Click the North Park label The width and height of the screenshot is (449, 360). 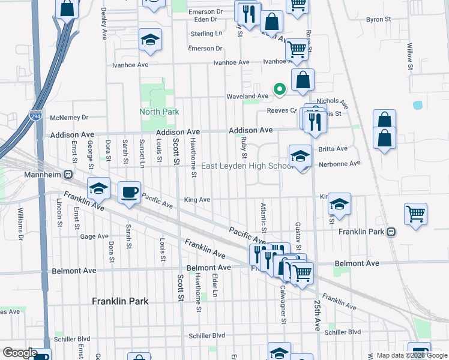(159, 112)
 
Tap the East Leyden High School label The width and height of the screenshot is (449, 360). (247, 166)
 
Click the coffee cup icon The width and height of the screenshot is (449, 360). (129, 193)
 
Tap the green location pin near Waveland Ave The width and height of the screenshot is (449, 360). (279, 89)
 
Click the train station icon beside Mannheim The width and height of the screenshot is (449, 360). (68, 175)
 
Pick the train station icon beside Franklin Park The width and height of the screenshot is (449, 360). (391, 232)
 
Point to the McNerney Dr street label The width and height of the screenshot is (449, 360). (70, 118)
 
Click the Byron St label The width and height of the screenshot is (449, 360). (378, 19)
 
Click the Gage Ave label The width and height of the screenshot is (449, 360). (94, 236)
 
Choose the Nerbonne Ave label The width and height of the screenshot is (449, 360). (339, 163)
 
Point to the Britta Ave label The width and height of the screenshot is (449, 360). (333, 149)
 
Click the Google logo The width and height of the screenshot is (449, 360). (20, 353)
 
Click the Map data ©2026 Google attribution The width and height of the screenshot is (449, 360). (411, 355)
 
